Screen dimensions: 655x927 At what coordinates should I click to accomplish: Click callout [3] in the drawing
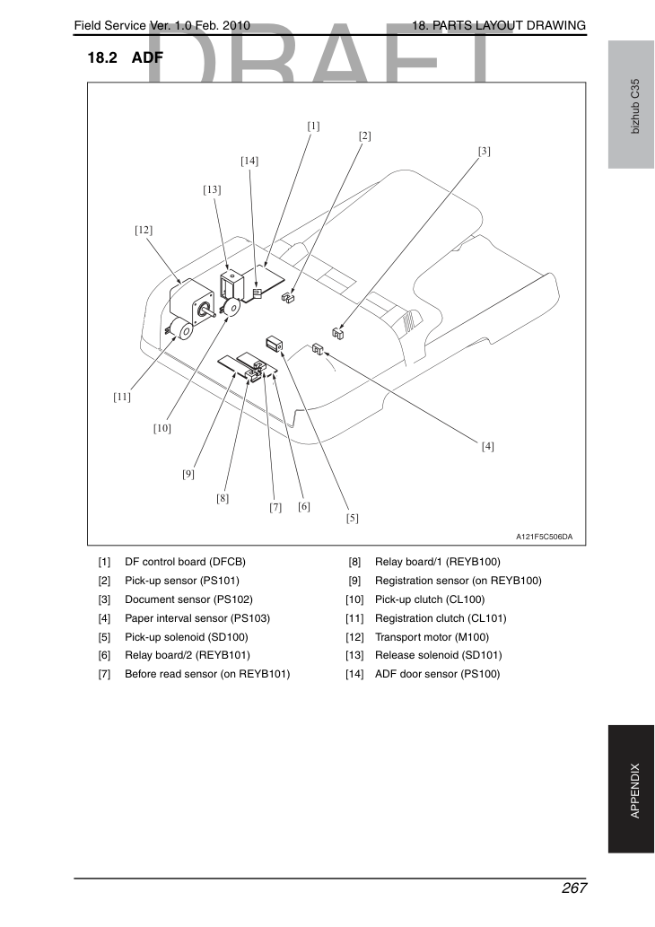(485, 152)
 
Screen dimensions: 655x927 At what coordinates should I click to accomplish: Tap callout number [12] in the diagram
(143, 230)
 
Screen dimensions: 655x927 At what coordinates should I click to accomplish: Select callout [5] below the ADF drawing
(353, 518)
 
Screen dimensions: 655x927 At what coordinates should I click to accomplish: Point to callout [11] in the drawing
(122, 397)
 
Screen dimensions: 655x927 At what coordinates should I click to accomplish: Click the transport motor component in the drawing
(191, 301)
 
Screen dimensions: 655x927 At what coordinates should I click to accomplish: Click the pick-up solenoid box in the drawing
(275, 343)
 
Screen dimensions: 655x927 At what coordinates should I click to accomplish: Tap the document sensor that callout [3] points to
(338, 334)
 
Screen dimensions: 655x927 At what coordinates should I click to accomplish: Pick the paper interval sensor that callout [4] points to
(318, 349)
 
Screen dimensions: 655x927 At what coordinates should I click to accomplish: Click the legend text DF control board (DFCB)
(185, 562)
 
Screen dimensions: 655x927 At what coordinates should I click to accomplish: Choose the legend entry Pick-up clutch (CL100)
(430, 599)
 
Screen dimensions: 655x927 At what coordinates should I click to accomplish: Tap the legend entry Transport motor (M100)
(432, 637)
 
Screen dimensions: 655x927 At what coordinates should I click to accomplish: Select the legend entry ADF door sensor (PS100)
(438, 674)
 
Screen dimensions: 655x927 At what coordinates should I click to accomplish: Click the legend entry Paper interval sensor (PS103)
(197, 618)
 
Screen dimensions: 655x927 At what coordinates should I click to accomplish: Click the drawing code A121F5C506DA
(544, 537)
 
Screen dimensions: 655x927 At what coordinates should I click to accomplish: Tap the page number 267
(574, 888)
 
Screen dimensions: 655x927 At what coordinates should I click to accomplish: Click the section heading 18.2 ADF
(126, 57)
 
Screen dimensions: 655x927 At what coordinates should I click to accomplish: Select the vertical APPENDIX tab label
(635, 791)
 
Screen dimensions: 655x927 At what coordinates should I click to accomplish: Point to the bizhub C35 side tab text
(635, 107)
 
